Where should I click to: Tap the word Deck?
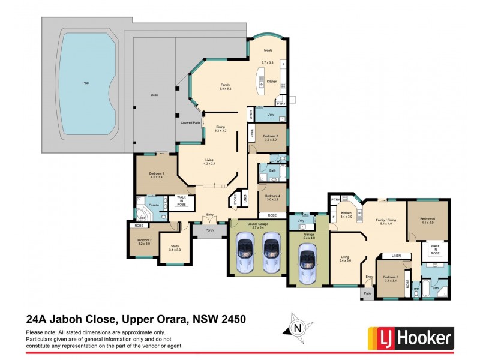point(154,95)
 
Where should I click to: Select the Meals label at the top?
point(268,50)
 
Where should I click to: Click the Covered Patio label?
point(190,122)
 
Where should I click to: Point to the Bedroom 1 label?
point(157,173)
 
